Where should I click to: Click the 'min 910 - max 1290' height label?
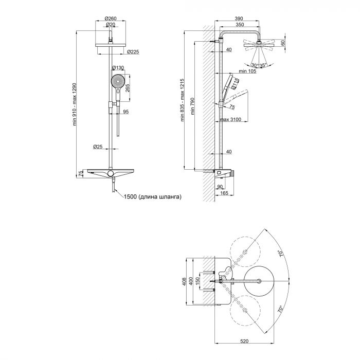tap(76, 106)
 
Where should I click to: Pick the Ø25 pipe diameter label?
tap(98, 147)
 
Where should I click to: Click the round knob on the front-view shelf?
tap(111, 175)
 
